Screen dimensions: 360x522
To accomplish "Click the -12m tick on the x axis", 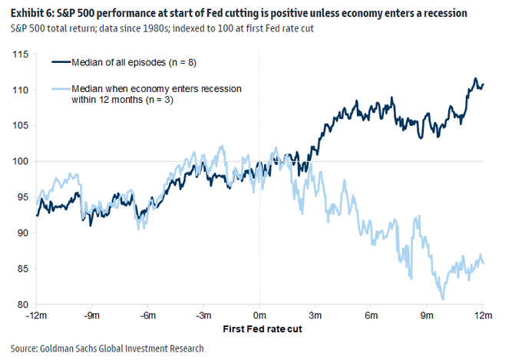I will pos(36,315).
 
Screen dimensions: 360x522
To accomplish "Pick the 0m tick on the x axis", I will pos(259,315).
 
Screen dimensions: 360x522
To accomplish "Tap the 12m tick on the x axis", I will pos(483,315).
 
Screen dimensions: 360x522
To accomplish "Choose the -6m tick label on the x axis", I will pos(147,315).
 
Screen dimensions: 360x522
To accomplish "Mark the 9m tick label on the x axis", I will pos(427,315).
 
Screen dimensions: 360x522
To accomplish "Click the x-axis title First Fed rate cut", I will pos(259,329).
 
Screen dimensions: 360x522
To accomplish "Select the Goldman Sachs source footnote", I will pos(107,348).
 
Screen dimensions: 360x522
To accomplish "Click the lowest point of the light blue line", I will pos(442,299).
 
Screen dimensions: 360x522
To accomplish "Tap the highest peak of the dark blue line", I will pos(476,79).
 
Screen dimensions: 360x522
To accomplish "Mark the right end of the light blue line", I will pos(484,263).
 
